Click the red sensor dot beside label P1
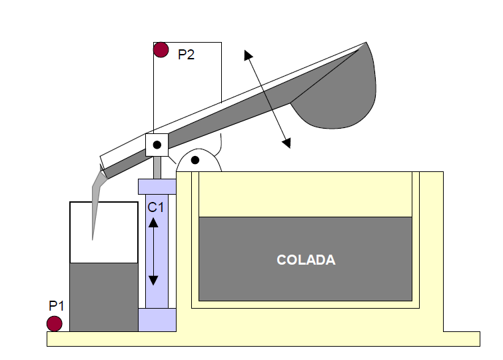pos(54,323)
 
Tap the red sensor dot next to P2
pos(161,49)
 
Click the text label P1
pos(56,306)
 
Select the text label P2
pos(186,55)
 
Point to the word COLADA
pos(306,260)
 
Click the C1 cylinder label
pos(155,207)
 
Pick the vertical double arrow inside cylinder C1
pos(153,253)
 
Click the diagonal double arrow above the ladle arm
pos(267,99)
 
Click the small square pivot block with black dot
pos(157,145)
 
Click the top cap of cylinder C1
pos(157,186)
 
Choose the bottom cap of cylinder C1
pos(157,320)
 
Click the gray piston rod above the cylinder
pos(157,167)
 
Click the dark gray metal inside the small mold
pos(103,297)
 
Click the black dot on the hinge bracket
pos(195,160)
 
